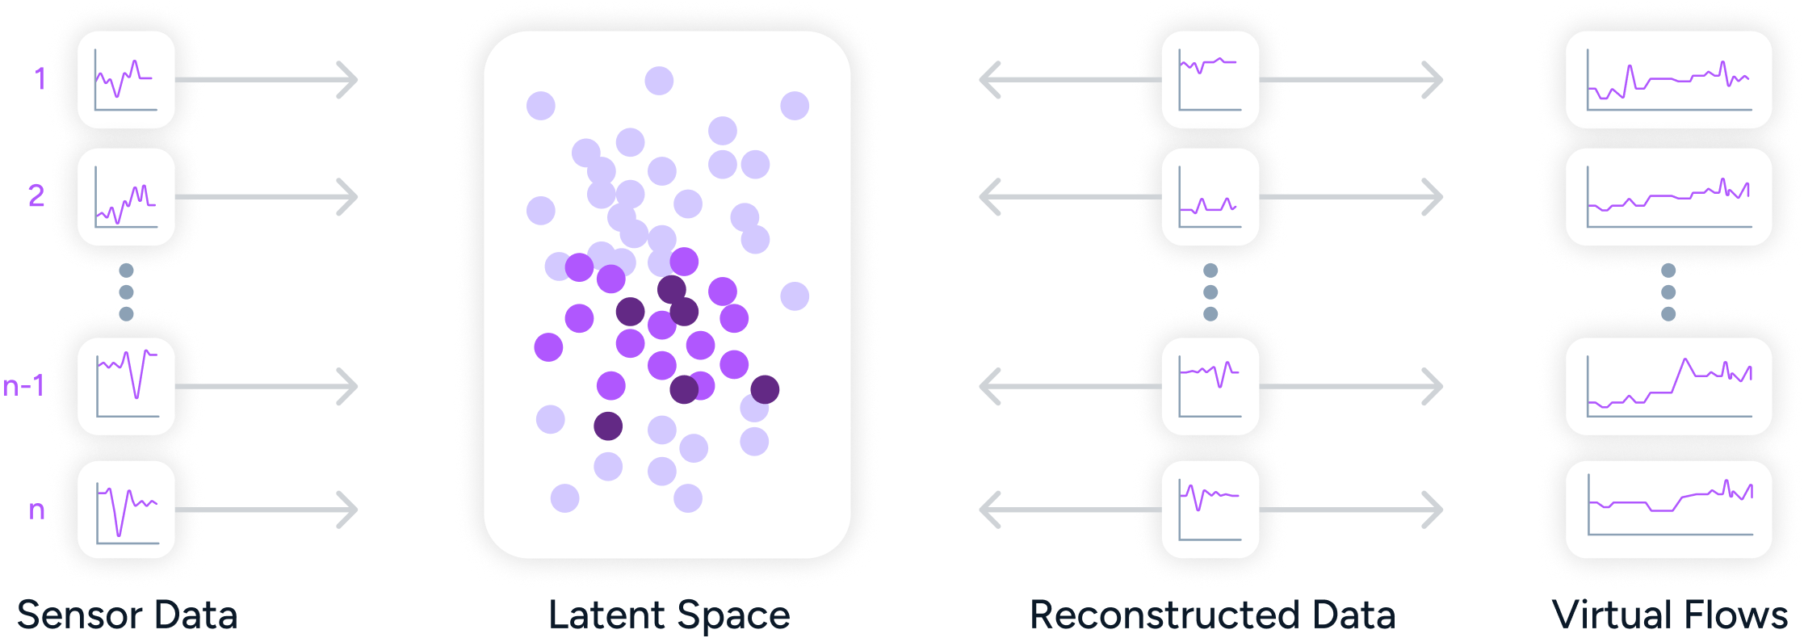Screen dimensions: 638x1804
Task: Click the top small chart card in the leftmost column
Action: [x=126, y=79]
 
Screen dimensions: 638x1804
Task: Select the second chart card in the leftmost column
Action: [x=126, y=196]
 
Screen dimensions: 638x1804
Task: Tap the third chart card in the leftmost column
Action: [x=126, y=386]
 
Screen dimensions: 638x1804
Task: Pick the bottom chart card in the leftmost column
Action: [x=126, y=509]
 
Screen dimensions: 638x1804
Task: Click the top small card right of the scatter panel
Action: [x=1210, y=79]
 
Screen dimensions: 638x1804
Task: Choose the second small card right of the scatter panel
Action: [x=1210, y=196]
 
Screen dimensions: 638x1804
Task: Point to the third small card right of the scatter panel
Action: [x=1210, y=386]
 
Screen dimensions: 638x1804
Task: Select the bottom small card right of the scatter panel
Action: [x=1210, y=509]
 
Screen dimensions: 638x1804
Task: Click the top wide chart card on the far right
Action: [x=1668, y=79]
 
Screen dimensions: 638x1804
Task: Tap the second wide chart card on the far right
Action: [x=1668, y=196]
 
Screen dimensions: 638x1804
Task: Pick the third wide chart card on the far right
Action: [x=1668, y=386]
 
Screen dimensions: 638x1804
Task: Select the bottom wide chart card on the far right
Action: [x=1668, y=509]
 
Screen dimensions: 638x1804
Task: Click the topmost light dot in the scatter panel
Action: [x=659, y=81]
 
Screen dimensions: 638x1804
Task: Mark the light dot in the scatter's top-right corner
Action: [x=795, y=106]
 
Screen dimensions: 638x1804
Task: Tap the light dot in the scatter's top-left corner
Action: [x=541, y=106]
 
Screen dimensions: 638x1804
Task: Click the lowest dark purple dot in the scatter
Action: [x=608, y=426]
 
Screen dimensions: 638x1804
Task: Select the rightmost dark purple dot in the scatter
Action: [x=765, y=389]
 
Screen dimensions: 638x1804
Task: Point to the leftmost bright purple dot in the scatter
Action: [x=548, y=347]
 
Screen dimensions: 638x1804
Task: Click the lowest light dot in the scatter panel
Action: [x=688, y=498]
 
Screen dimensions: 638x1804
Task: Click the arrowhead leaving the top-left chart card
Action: [x=347, y=80]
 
